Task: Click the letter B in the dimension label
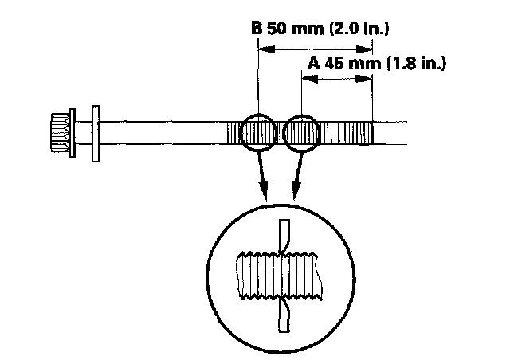coord(257,29)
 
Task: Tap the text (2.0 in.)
coord(358,29)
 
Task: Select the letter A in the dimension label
coord(315,62)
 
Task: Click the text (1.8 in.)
coord(415,62)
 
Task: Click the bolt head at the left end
coord(57,131)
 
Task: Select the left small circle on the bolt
coord(260,133)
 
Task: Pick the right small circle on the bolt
coord(302,133)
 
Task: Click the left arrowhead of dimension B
coord(266,49)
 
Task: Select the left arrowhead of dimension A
coord(312,78)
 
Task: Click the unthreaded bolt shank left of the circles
coord(159,132)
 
